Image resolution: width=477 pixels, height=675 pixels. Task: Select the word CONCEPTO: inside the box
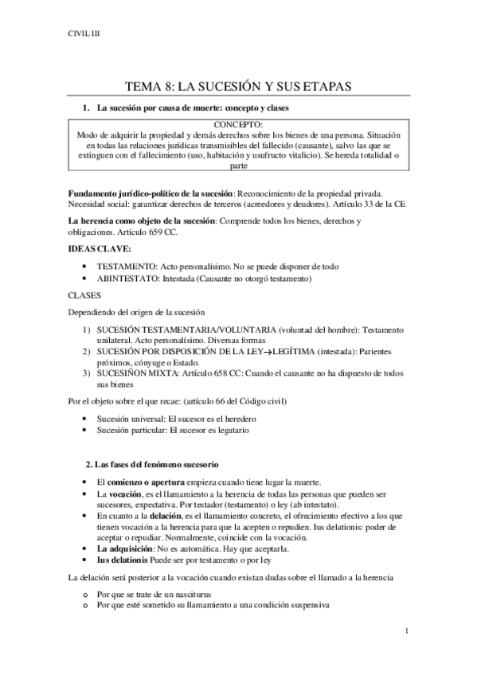[239, 126]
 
